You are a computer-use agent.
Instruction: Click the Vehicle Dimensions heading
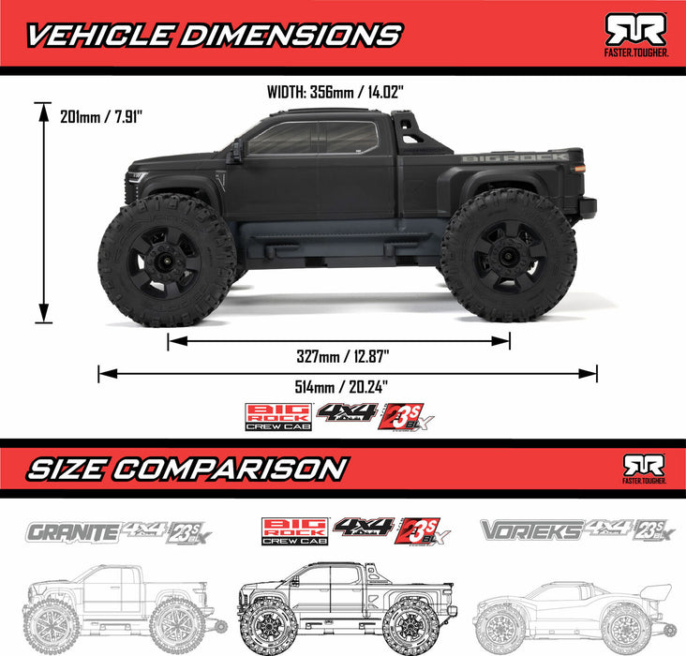click(x=211, y=35)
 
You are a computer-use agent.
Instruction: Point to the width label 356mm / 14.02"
click(x=343, y=93)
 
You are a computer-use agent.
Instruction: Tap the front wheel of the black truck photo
click(x=166, y=257)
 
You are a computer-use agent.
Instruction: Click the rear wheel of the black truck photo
click(x=509, y=255)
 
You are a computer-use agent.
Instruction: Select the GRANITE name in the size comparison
click(x=73, y=532)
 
